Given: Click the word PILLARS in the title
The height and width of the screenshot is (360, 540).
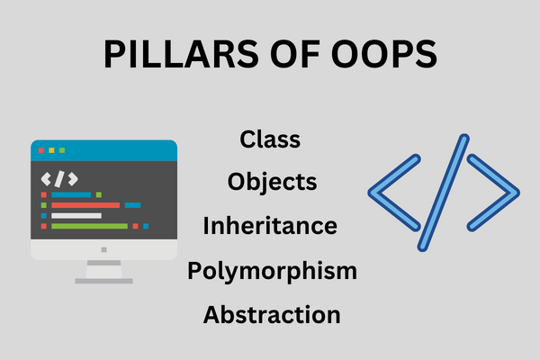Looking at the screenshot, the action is (181, 54).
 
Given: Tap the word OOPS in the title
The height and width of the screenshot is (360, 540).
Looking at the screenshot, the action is (384, 54).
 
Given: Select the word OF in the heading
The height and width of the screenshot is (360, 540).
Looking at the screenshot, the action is (295, 54).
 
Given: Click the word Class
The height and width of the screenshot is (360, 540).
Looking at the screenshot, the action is (270, 139).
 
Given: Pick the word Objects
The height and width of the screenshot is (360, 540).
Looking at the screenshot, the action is (272, 183).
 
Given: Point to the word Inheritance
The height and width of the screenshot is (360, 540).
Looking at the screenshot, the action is (270, 226).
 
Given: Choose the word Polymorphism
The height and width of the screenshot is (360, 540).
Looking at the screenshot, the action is (272, 272).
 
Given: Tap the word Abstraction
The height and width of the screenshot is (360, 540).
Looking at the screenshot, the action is (272, 314).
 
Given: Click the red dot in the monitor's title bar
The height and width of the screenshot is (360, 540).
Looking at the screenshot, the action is (41, 150).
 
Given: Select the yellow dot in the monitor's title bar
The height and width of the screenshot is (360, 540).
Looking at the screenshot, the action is (51, 150).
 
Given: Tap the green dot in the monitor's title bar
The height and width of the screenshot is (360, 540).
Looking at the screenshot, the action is (62, 150).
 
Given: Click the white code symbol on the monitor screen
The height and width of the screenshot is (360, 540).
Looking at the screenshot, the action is (59, 179).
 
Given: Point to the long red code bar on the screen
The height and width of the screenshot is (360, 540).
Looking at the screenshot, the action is (85, 205).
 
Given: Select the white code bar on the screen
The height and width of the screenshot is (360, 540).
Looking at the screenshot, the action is (76, 216).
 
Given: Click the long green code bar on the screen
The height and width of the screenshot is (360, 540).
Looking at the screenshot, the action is (89, 226).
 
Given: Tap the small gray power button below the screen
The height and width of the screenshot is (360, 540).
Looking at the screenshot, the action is (104, 250).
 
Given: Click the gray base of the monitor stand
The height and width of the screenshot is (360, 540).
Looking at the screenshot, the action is (104, 281).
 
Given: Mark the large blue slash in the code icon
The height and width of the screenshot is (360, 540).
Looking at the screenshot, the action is (444, 193).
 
